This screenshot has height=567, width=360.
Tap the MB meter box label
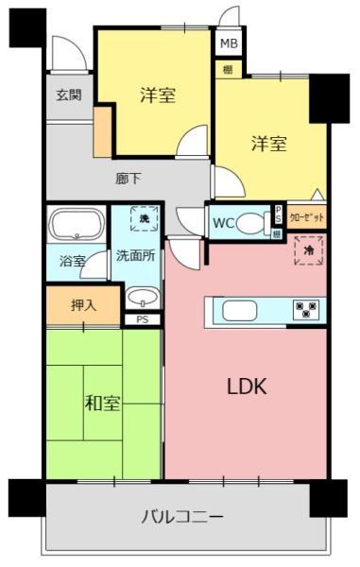(229, 44)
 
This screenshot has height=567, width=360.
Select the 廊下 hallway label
(129, 176)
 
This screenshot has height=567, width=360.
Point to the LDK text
(247, 386)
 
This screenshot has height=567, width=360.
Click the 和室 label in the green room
(102, 404)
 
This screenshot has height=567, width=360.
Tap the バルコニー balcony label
(182, 517)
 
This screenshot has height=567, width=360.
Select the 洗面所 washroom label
(135, 255)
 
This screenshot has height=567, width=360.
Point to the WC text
(223, 223)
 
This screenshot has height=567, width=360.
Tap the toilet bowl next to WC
(250, 223)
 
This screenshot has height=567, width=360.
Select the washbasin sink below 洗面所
(141, 297)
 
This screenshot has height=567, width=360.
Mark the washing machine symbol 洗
(145, 219)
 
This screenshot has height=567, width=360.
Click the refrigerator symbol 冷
(308, 249)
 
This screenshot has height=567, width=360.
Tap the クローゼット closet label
(306, 216)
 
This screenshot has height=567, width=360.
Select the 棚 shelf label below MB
(229, 69)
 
